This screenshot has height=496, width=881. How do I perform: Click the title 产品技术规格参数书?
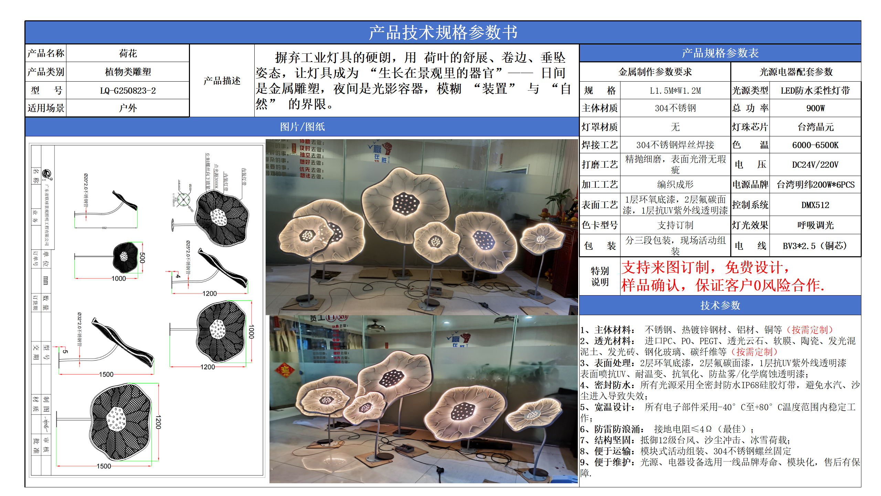tap(443, 32)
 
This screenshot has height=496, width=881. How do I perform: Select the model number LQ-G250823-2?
tap(128, 91)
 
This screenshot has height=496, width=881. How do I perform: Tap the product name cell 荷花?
tap(128, 53)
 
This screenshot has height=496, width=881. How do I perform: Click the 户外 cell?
tap(128, 108)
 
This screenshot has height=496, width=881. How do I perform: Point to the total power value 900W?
tap(815, 108)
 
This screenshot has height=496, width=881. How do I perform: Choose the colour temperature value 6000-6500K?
tap(815, 145)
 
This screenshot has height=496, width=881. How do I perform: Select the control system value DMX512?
tap(815, 205)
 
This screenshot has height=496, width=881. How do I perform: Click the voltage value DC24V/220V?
tap(815, 165)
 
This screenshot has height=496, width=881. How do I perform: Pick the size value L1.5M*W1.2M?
tap(675, 91)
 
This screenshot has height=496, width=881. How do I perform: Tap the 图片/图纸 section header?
tap(302, 127)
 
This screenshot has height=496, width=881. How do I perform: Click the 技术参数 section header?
tap(720, 305)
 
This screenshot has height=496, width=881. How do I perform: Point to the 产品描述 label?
tap(222, 81)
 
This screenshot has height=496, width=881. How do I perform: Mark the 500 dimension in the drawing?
tap(142, 258)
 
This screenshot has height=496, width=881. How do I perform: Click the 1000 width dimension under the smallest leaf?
tap(118, 279)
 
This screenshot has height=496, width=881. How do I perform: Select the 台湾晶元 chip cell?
tap(815, 127)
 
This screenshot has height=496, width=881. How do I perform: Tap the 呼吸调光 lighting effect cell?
tap(815, 225)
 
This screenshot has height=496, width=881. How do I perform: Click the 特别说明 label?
tap(600, 276)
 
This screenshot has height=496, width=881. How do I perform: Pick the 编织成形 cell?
tap(675, 185)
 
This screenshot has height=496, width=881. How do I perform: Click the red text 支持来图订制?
tap(666, 267)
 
